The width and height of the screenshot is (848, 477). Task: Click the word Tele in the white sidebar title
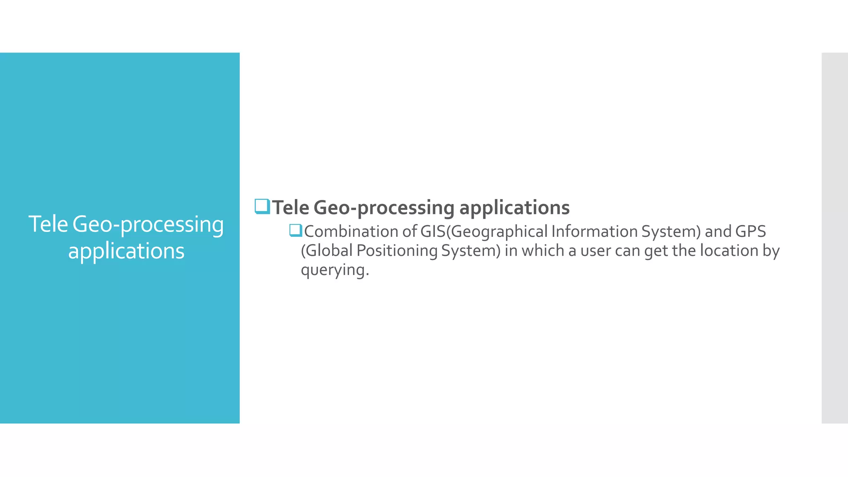[x=48, y=224]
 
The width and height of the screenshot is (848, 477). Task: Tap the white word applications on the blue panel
[x=126, y=251]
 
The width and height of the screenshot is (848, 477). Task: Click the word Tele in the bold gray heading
[x=291, y=207]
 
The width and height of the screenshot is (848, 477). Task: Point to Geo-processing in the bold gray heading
[x=384, y=208]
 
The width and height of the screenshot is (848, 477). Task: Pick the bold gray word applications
[x=514, y=208]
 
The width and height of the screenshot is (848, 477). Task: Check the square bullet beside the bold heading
[x=262, y=206]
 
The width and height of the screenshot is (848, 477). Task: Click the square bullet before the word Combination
[x=296, y=230]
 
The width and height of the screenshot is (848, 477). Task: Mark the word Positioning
[x=397, y=251]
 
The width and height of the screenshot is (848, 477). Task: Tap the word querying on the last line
[x=334, y=270]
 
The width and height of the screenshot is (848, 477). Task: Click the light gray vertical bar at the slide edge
[x=834, y=238]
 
